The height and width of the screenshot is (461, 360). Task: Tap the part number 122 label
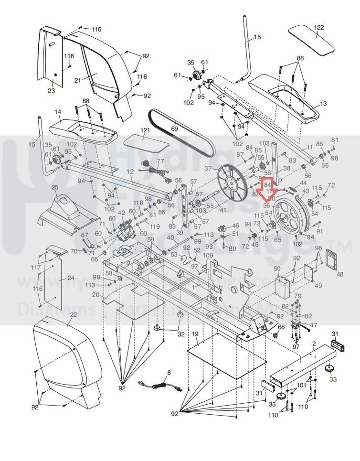(319, 28)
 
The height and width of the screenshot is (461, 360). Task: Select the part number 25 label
(55, 187)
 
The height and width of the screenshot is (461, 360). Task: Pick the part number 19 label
(195, 333)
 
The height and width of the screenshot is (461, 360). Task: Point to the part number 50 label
(277, 269)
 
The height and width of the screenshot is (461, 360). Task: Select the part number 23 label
(51, 91)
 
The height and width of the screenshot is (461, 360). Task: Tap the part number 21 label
(77, 81)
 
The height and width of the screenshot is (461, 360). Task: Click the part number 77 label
(160, 161)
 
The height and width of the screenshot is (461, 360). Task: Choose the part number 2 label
(314, 343)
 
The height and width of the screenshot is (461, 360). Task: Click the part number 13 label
(324, 104)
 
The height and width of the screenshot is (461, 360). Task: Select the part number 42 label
(121, 213)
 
